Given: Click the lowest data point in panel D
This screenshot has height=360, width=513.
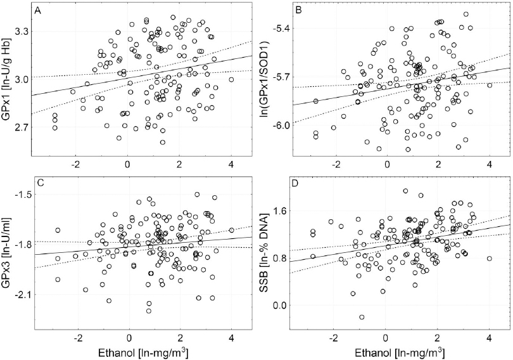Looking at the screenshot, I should point(362,317).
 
